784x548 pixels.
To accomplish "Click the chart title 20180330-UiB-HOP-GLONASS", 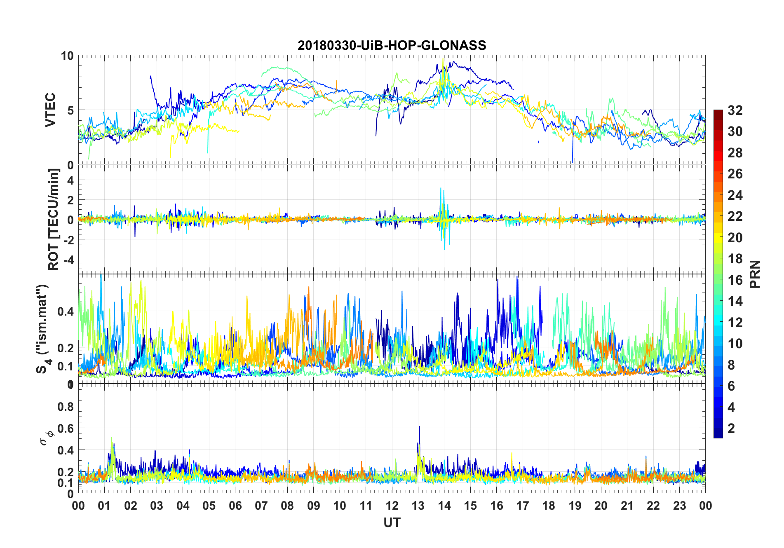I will [x=392, y=45].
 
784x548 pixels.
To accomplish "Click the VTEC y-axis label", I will [x=50, y=110].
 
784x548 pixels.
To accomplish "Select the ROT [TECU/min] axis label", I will [x=54, y=219].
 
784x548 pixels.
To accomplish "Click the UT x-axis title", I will [x=392, y=522].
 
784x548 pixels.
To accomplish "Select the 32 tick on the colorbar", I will [x=735, y=110].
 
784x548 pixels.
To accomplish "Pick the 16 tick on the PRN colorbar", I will [x=735, y=280].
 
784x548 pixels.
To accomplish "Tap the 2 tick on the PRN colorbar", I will [x=731, y=429].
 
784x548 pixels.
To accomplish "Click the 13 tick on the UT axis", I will [x=418, y=506].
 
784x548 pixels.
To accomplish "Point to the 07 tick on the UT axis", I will [x=261, y=506].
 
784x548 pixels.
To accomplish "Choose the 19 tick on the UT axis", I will [x=575, y=506].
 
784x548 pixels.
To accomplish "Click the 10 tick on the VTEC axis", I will [x=67, y=56].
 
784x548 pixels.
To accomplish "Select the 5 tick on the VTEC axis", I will [x=70, y=110].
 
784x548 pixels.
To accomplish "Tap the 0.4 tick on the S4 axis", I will [x=66, y=311].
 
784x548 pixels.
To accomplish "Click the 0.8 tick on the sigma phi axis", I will [x=66, y=407].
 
